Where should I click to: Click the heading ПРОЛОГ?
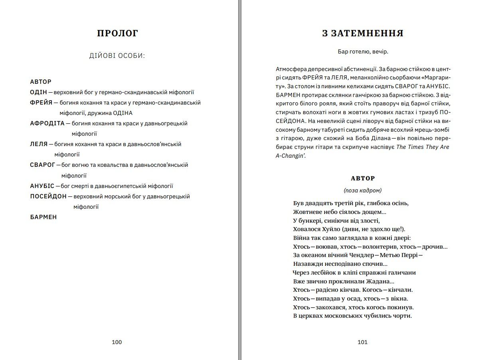[117, 34]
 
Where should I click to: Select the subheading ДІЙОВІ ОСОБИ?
[117, 55]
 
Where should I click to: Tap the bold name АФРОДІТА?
[47, 123]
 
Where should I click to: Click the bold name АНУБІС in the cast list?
[42, 186]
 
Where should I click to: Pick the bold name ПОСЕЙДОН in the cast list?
[48, 196]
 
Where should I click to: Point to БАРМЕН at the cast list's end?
[43, 217]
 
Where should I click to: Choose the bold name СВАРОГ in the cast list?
[42, 165]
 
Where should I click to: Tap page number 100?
[117, 342]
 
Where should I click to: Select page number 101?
[362, 342]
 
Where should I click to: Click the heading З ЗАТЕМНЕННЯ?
[363, 34]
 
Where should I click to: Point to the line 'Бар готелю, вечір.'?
[363, 51]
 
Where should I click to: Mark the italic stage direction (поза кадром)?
[363, 190]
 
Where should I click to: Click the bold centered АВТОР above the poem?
[363, 178]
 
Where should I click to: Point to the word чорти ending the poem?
[402, 316]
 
